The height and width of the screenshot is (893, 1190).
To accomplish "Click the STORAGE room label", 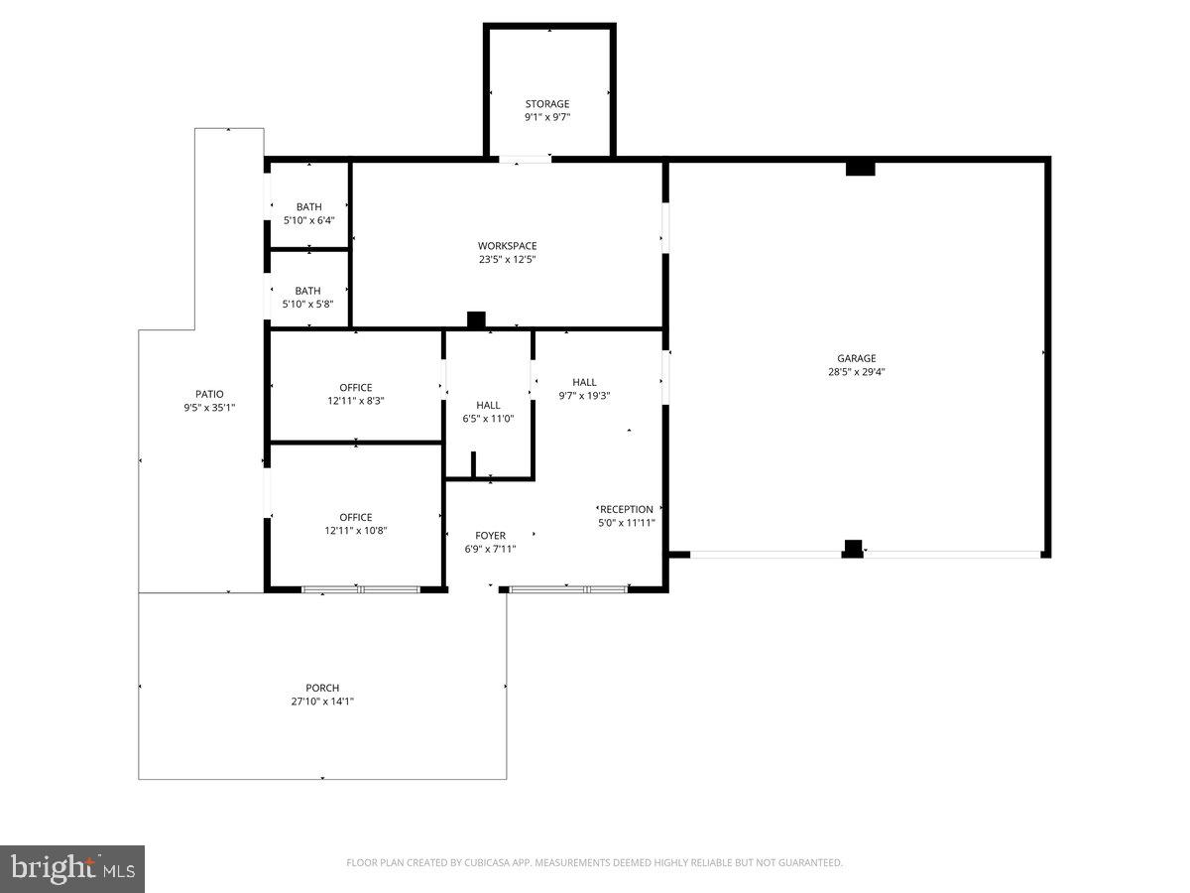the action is tap(547, 104).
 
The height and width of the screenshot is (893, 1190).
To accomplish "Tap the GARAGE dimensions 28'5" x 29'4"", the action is tap(857, 372).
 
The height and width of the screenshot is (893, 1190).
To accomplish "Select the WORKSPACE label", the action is tap(508, 246).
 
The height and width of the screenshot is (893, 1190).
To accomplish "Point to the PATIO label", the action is tap(209, 394).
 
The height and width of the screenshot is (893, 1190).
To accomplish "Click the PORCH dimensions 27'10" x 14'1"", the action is tap(322, 702).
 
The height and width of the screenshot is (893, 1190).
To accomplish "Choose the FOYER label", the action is tap(491, 536).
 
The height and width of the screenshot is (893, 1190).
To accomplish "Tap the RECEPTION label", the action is tap(626, 510).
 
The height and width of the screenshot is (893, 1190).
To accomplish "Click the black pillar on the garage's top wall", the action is tap(861, 169).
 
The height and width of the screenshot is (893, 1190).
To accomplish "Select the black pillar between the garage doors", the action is tap(853, 549).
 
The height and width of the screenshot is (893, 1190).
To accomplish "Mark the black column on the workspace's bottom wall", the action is tap(476, 319).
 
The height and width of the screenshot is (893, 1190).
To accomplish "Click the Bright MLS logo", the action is tap(72, 869).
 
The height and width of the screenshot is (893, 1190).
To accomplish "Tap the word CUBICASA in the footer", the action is tap(486, 862).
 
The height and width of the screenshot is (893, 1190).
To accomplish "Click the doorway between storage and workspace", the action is tap(525, 160).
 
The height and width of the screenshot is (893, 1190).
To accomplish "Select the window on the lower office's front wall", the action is tap(361, 589).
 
